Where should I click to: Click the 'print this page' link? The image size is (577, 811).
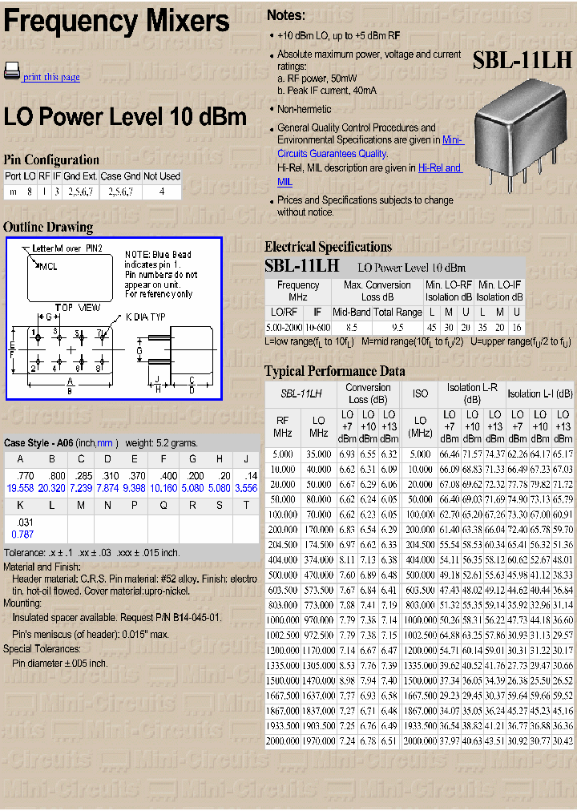click(51, 77)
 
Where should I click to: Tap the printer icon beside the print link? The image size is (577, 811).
click(11, 71)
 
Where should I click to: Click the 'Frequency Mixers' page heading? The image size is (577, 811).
click(117, 21)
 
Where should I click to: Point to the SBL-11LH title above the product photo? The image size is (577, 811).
click(522, 60)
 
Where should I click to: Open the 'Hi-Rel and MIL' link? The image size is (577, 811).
click(439, 168)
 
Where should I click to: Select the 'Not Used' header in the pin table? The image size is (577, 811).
click(162, 176)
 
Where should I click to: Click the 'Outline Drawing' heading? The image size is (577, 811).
click(48, 227)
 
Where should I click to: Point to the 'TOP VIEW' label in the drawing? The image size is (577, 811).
click(78, 308)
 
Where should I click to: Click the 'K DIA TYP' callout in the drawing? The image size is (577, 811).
click(145, 317)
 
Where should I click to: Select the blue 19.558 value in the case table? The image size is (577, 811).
click(20, 488)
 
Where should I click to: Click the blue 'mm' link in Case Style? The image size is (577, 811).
click(104, 443)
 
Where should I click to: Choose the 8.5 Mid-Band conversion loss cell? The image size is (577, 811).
click(351, 328)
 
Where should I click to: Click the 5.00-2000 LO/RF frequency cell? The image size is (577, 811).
click(284, 328)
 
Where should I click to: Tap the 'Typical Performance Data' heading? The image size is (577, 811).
click(334, 371)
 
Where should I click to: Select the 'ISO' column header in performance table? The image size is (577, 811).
click(420, 393)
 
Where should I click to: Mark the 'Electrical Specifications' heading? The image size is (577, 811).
click(328, 247)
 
